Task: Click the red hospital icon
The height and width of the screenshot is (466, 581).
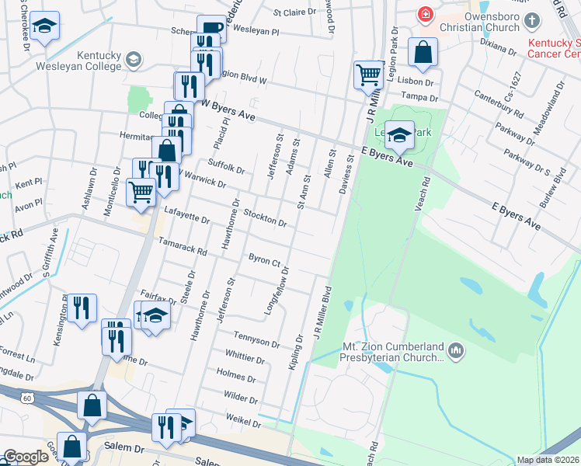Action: [x=426, y=13]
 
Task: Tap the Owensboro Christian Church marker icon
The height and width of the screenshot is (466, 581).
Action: [x=531, y=19]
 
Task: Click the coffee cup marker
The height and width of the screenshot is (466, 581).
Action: [x=211, y=29]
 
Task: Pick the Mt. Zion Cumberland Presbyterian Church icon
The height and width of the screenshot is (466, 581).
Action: [x=455, y=353]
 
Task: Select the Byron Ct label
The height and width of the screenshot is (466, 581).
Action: [x=264, y=261]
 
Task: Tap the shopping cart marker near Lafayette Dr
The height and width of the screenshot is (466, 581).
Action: [x=140, y=190]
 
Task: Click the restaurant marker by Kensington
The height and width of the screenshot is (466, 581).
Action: [x=81, y=308]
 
